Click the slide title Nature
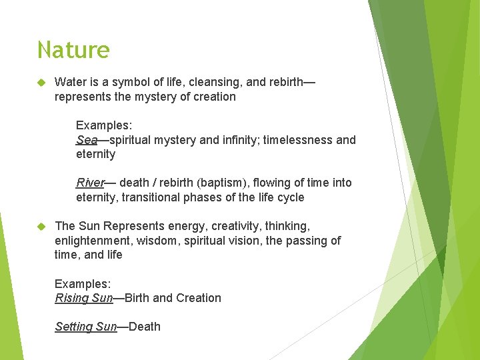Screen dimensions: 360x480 click(73, 50)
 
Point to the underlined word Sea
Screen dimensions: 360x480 click(87, 140)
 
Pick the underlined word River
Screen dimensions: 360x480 click(90, 183)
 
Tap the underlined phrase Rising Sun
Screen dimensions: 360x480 click(84, 298)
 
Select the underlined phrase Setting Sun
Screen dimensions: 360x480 click(85, 327)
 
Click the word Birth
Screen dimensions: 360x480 click(137, 298)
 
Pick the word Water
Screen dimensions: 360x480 click(69, 82)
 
